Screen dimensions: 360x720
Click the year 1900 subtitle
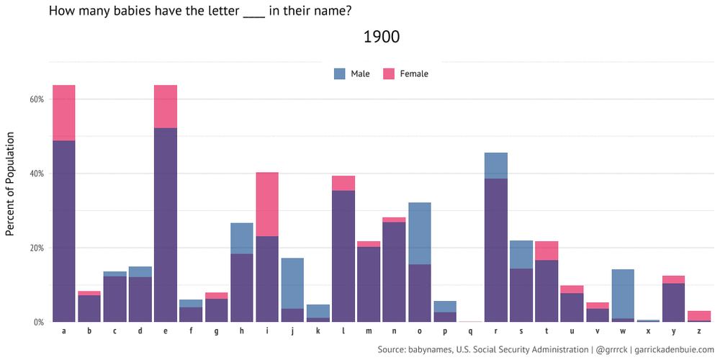[x=382, y=37]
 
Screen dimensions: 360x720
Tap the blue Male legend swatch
[x=340, y=73]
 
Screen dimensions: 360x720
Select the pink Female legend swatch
[x=389, y=73]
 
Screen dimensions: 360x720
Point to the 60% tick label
[x=37, y=99]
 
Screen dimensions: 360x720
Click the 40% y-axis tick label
[x=37, y=174]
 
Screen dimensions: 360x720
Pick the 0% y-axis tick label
[x=39, y=322]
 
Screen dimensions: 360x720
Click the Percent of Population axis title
[x=10, y=184]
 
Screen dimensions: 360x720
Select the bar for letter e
[x=166, y=216]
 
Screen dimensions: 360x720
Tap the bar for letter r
[x=496, y=245]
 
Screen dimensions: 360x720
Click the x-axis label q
[x=471, y=331]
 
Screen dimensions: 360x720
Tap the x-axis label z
[x=699, y=331]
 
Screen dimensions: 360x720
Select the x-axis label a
[x=64, y=331]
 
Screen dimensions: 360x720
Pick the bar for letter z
[x=699, y=317]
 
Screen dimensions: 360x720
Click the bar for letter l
[x=343, y=252]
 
